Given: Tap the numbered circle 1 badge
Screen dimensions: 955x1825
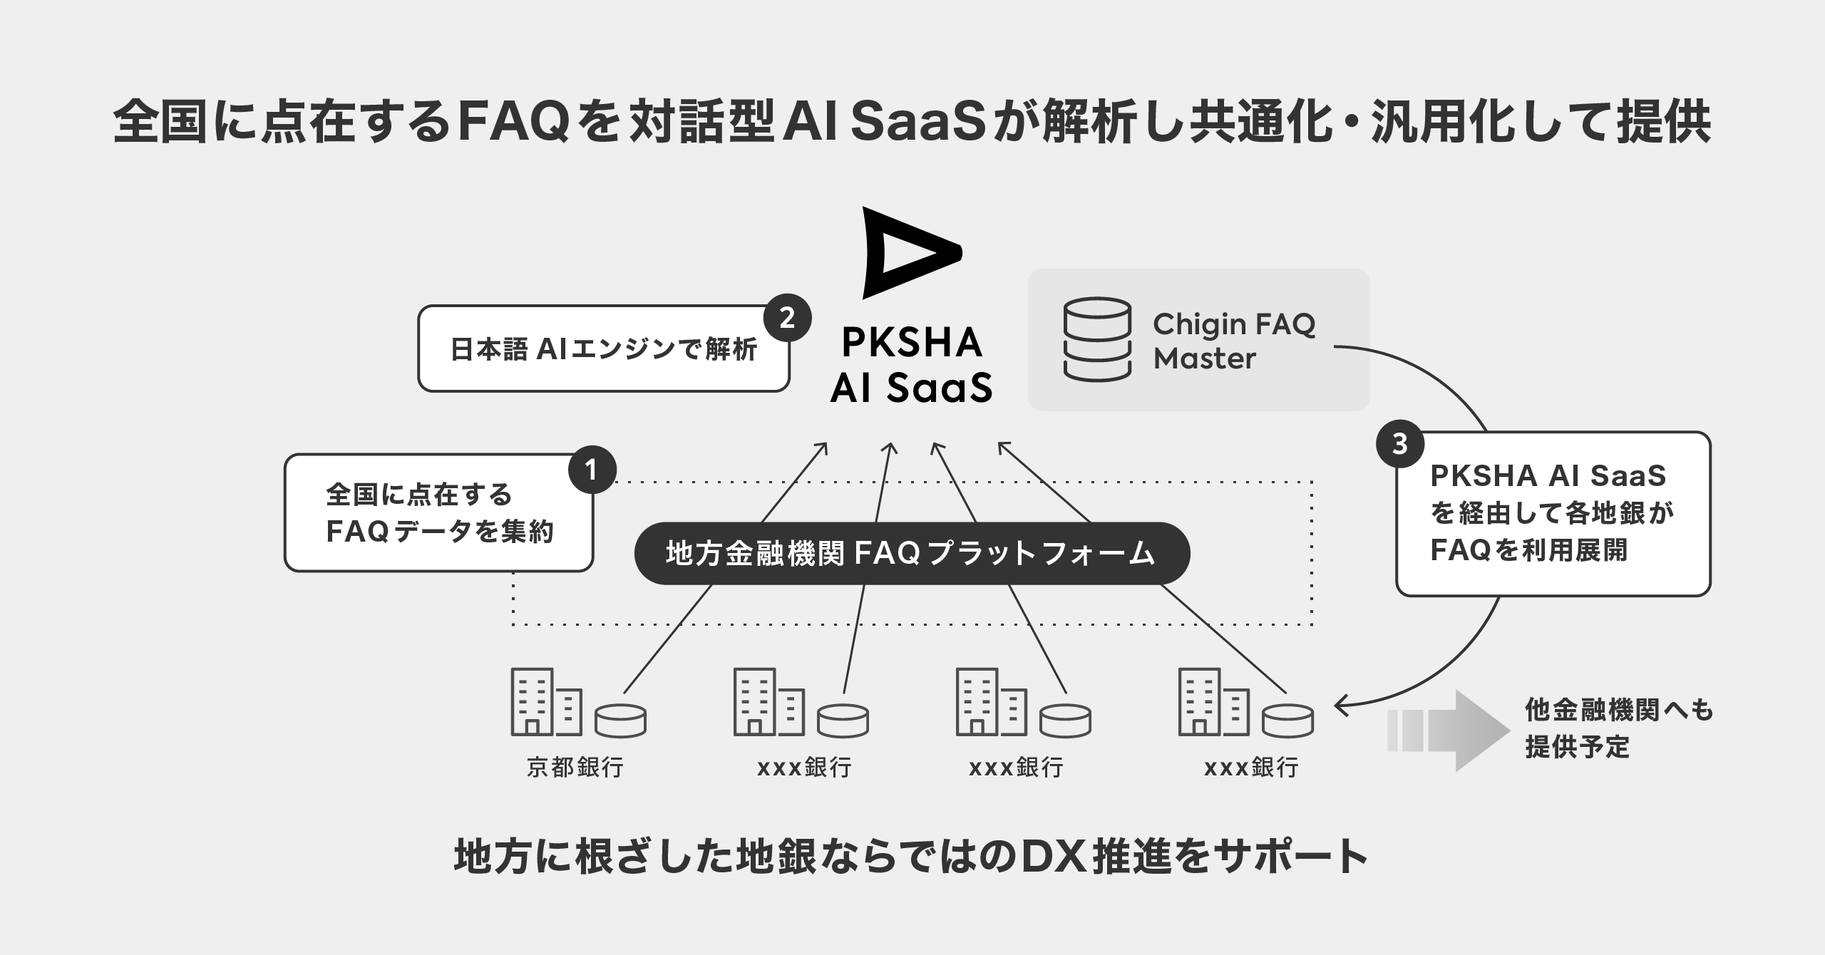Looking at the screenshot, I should coord(592,470).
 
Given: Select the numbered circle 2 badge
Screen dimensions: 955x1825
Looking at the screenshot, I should coord(787,318).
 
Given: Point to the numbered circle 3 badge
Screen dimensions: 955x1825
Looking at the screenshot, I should coord(1400,444).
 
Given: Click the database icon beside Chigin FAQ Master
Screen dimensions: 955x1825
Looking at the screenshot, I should coord(1097,340).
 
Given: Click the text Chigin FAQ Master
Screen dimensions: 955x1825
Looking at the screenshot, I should coord(1233,341).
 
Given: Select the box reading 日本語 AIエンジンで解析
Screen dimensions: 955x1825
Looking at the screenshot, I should coord(603,349).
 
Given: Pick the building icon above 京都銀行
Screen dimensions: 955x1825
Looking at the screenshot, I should coord(545,702).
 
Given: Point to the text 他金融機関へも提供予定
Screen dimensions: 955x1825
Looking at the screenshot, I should coord(1618,728).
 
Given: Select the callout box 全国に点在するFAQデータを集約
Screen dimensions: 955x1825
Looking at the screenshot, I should coord(438,513).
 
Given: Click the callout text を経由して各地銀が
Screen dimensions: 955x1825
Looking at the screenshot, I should coord(1552,512).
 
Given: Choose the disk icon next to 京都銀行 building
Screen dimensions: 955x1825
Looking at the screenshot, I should coord(620,721).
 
